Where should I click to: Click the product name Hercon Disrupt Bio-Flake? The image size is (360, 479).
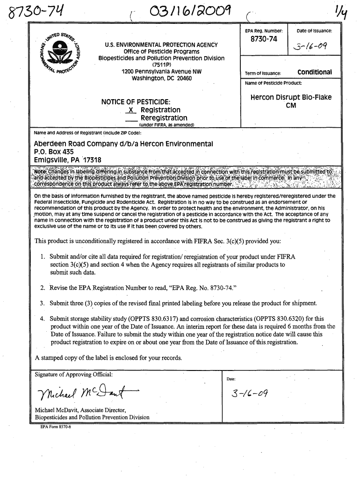[x=291, y=98]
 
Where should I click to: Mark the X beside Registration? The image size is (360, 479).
[x=131, y=110]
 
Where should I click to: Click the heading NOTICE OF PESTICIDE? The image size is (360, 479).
[x=136, y=102]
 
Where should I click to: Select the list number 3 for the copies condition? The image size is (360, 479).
[x=43, y=303]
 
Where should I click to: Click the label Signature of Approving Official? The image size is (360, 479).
[x=74, y=374]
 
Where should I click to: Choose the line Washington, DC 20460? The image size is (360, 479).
[x=161, y=79]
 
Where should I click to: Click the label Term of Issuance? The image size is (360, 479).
[x=263, y=73]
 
